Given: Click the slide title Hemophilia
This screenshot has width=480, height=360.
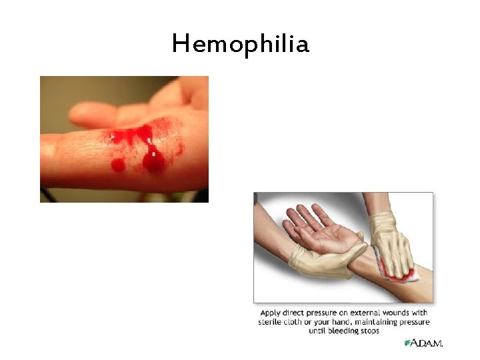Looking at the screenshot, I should coord(240,45).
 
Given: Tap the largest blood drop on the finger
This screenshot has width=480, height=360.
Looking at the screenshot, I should coord(154,160).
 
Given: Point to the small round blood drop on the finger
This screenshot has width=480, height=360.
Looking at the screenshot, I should coord(119,164).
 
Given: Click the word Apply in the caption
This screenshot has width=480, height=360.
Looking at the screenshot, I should coord(271,313).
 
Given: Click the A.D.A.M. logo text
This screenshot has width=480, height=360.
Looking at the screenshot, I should coord(427,343).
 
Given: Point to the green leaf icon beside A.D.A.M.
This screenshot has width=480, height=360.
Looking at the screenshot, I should coord(407,343).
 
